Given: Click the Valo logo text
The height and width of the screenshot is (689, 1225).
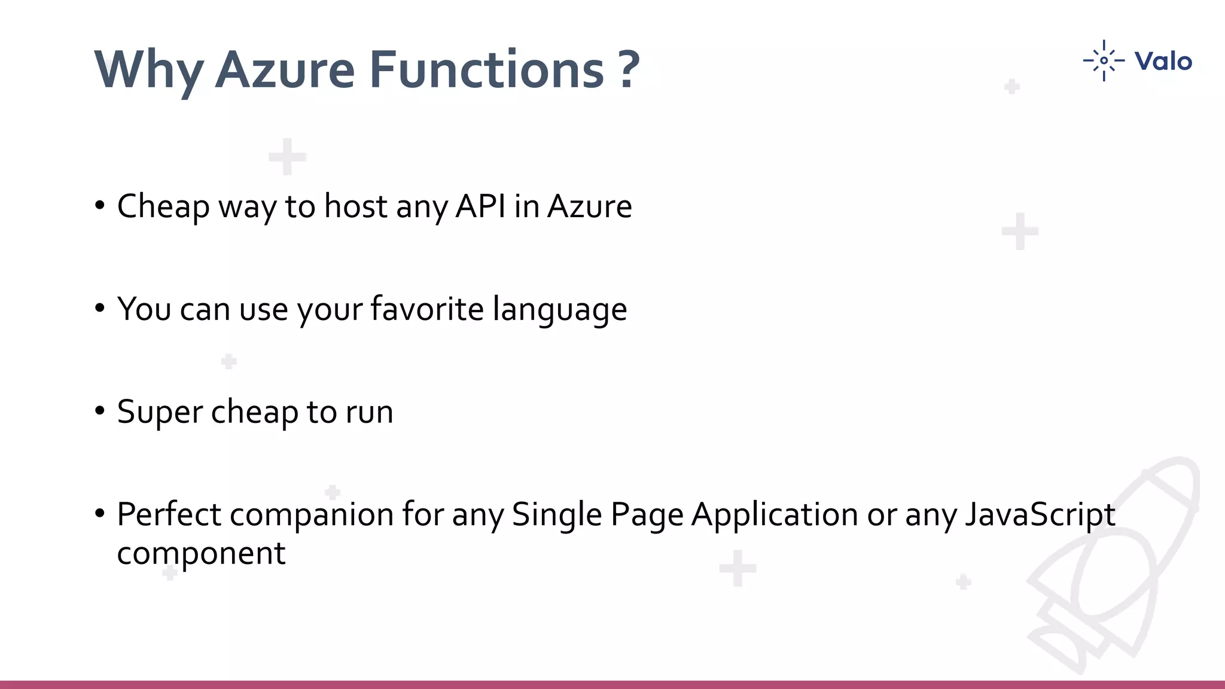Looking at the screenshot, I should point(1163,61).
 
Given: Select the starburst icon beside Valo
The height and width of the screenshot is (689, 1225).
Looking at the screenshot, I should point(1104,60).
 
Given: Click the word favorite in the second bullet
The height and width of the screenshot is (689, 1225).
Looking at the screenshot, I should point(426,309).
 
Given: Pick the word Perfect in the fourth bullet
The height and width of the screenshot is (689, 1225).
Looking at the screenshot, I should point(169,514).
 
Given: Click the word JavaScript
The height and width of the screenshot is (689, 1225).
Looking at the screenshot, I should point(1040,514).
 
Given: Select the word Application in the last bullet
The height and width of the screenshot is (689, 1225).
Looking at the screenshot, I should point(775,514).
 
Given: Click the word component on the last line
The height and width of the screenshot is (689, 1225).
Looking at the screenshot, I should point(201,554).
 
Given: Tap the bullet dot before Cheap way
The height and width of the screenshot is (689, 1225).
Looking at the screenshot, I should point(100,206).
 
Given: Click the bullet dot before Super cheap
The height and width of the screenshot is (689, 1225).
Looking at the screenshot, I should point(100,411).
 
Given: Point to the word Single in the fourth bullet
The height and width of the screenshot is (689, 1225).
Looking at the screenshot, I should point(556,514).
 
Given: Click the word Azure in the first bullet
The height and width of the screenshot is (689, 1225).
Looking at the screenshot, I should point(589,206).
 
